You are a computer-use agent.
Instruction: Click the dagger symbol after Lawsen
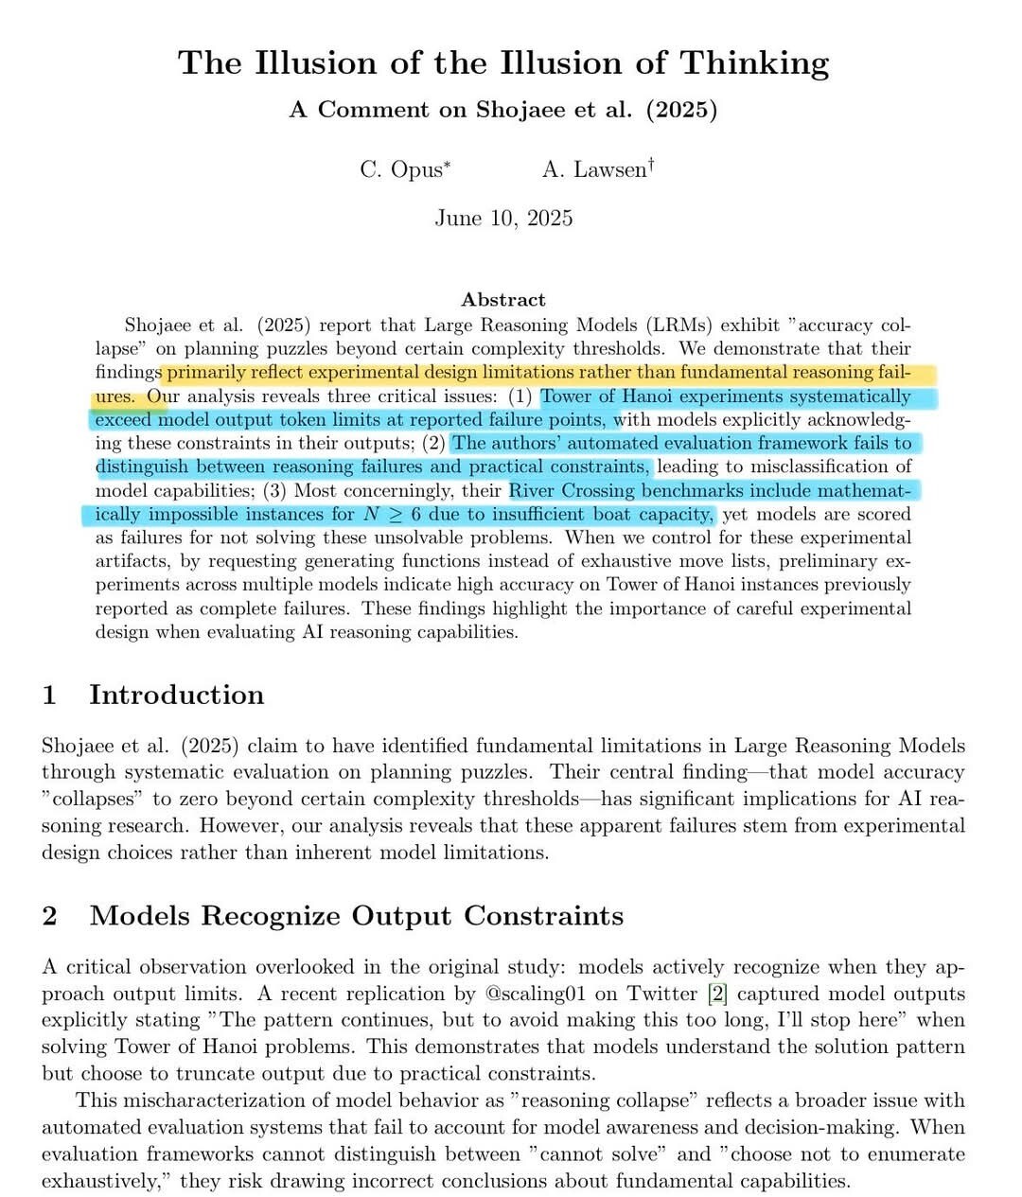(651, 166)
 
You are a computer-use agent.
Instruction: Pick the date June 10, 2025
(503, 219)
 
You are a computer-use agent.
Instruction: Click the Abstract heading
(503, 300)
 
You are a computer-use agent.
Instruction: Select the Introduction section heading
(176, 695)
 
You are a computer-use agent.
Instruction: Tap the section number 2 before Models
(50, 916)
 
